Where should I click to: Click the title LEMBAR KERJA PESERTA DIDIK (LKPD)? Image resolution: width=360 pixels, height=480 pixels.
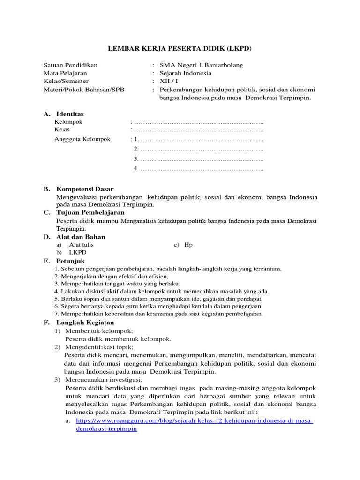click(x=180, y=48)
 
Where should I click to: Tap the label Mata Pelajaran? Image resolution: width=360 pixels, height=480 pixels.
click(x=65, y=73)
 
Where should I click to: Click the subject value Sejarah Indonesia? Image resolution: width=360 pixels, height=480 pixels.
click(x=185, y=73)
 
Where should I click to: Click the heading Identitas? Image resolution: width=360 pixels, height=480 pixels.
click(x=70, y=114)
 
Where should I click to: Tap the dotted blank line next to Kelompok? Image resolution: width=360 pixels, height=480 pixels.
click(x=197, y=122)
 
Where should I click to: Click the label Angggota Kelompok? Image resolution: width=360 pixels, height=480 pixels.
click(x=82, y=139)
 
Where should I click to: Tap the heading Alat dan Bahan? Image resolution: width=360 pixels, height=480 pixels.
click(x=81, y=237)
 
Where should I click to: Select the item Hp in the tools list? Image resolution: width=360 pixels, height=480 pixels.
click(x=188, y=245)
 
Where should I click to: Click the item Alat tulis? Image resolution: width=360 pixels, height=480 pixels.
click(x=81, y=245)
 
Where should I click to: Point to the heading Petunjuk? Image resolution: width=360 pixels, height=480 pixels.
click(x=71, y=261)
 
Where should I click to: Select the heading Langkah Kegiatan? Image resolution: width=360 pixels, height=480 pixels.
click(x=85, y=322)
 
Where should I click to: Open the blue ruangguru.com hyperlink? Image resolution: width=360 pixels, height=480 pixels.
click(x=194, y=421)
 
